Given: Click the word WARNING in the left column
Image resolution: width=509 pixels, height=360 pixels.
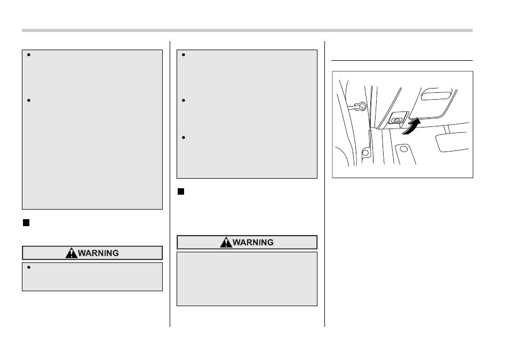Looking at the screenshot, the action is pos(98,253).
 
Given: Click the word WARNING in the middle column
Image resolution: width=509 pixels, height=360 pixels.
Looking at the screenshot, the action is pos(253,243).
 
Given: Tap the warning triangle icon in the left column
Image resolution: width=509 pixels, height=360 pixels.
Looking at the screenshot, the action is pos(71,253).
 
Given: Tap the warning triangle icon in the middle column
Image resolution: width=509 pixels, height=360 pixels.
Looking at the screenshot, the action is pos(226,242).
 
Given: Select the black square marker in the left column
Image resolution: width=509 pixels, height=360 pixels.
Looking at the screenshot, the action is pos(26,223).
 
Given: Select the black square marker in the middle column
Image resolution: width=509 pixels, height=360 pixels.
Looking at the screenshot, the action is pos(181,191).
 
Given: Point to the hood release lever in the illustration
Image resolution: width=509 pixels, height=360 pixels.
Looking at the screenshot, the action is pos(396,120).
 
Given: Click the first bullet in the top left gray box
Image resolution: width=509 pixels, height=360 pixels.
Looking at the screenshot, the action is pos(29,55).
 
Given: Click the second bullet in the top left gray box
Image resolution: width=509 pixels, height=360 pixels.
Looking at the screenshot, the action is pos(29,100).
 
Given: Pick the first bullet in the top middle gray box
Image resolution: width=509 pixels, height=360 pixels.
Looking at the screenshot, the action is pos(184,55).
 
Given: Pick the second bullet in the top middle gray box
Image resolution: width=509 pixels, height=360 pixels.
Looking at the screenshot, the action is pos(184,100).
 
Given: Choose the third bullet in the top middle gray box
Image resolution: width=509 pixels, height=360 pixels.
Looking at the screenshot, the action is pos(184,138).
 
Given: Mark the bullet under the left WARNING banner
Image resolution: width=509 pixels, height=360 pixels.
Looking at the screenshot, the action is pos(29,268).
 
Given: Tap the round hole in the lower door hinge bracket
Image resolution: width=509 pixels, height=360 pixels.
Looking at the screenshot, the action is pos(365,153).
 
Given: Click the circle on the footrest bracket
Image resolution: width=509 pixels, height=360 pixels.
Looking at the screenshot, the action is pos(403,149).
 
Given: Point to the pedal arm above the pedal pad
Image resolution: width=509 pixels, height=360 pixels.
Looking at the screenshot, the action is pos(447,129).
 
